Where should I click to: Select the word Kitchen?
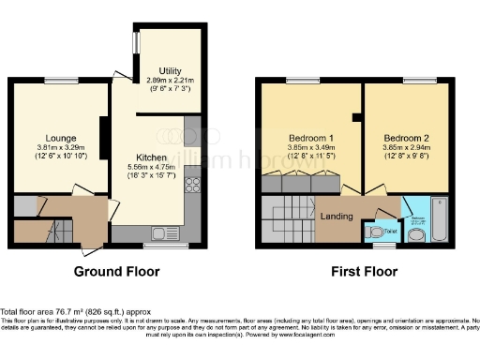(151, 156)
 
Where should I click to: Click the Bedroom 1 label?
(309, 137)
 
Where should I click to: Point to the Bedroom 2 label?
(403, 137)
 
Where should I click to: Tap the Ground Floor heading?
(117, 272)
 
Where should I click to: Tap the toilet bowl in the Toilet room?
(377, 231)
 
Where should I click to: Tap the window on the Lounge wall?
(61, 82)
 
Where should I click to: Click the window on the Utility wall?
(135, 44)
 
